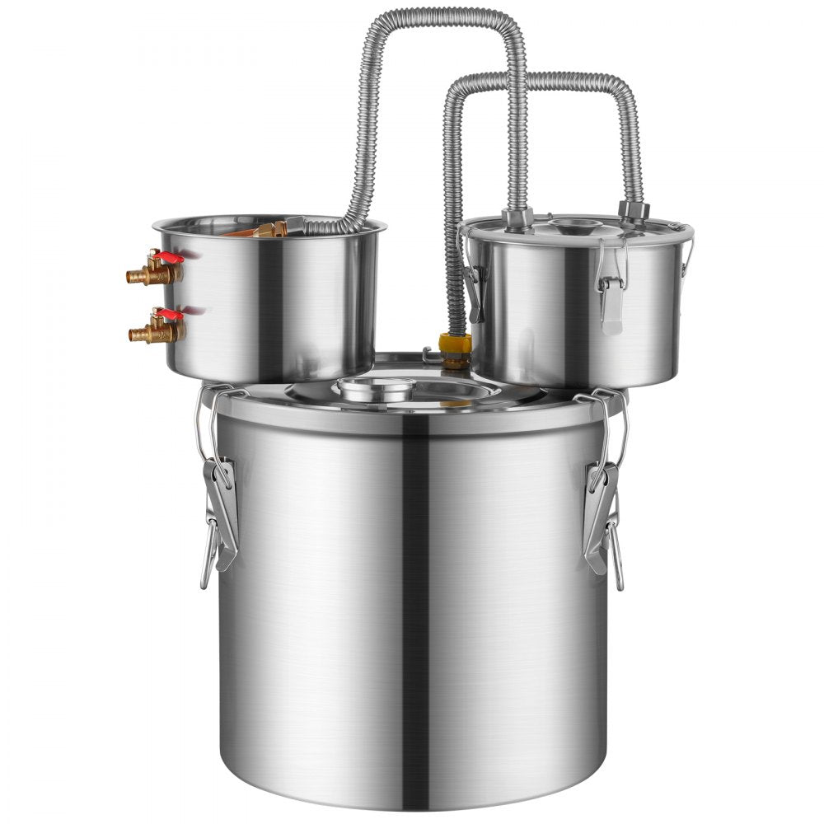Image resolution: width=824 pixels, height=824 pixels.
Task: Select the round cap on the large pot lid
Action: pyautogui.click(x=377, y=388)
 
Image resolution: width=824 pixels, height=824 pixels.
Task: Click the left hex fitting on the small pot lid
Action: pyautogui.click(x=517, y=218)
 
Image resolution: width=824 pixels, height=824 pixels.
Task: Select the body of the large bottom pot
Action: pyautogui.click(x=412, y=618)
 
